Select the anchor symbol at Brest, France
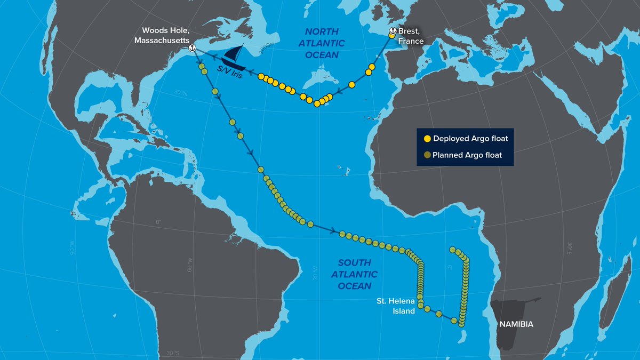coord(393,31)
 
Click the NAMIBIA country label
coord(516,324)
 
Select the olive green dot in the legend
coord(427,155)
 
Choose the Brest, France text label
coord(411,36)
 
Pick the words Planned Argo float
coord(467,155)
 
